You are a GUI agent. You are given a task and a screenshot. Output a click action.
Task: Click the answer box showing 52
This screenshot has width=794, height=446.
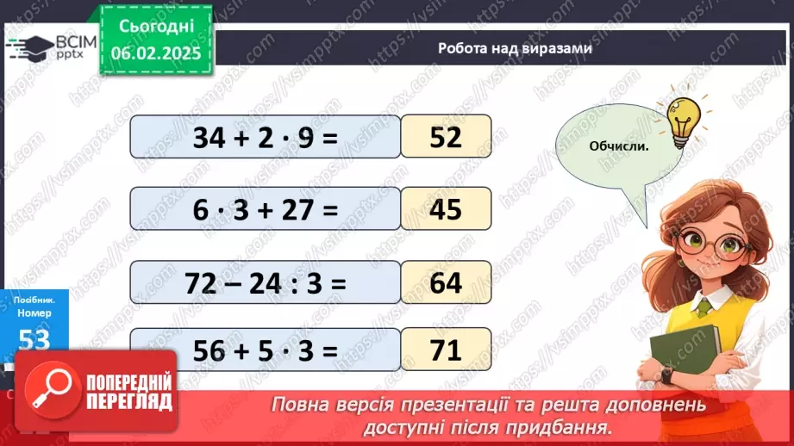(446, 137)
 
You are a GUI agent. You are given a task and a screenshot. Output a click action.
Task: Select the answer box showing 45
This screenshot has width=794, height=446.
(446, 209)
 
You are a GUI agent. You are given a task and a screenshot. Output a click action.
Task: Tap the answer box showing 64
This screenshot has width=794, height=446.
(446, 282)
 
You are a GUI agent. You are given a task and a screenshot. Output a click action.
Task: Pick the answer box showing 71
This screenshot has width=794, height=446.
(446, 350)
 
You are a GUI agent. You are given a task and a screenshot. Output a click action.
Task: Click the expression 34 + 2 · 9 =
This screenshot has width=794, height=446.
(266, 137)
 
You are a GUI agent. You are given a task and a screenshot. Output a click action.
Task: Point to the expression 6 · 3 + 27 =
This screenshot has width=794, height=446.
(266, 209)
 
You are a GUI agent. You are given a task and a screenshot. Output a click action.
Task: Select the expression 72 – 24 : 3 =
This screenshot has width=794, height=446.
(266, 282)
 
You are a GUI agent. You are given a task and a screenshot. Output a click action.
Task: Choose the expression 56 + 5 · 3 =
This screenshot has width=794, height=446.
(266, 350)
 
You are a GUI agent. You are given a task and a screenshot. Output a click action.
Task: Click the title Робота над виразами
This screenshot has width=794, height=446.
(515, 49)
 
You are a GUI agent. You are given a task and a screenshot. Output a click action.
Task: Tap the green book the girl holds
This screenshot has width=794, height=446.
(685, 353)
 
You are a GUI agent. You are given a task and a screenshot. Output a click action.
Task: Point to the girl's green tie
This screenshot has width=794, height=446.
(704, 307)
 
